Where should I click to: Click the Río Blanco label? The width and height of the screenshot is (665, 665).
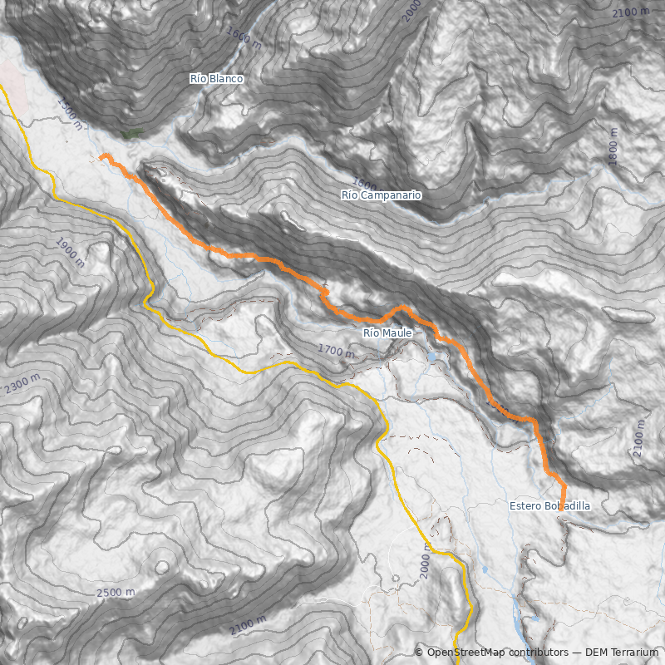[216, 79]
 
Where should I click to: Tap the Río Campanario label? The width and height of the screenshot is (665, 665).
[381, 195]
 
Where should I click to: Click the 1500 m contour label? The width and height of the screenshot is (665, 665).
[70, 114]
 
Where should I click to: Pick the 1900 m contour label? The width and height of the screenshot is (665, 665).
[70, 252]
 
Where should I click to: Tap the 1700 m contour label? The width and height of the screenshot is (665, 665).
[336, 352]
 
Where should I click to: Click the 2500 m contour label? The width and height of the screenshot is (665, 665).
[116, 594]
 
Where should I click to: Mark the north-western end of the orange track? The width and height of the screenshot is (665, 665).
[102, 156]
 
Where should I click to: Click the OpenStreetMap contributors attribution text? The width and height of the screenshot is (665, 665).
[490, 653]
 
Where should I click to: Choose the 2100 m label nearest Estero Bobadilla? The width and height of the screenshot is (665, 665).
[638, 440]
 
